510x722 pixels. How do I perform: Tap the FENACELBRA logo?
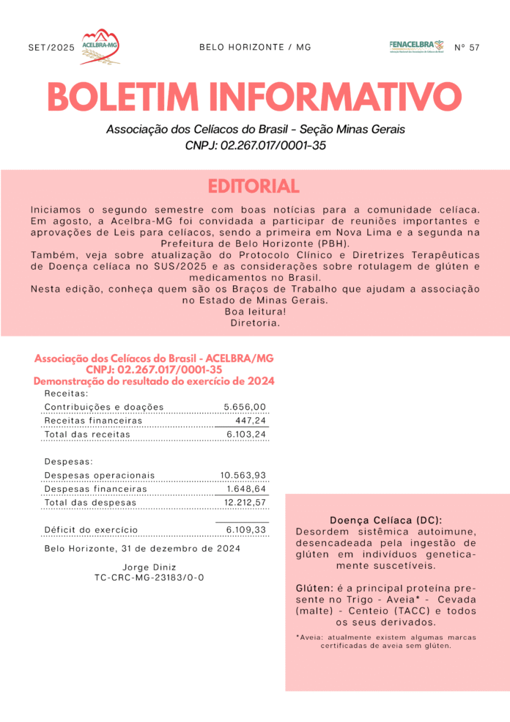[x=416, y=46]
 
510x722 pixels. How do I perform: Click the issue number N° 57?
[x=467, y=48]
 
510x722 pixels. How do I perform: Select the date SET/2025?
[x=51, y=48]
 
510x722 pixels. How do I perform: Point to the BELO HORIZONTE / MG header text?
[x=255, y=47]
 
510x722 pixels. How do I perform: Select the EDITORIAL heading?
[x=254, y=186]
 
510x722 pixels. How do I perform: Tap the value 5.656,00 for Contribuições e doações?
[x=245, y=407]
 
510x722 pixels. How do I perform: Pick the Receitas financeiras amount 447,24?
[x=251, y=421]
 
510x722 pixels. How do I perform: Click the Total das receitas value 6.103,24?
[x=246, y=434]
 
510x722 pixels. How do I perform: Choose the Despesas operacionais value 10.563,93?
[x=243, y=475]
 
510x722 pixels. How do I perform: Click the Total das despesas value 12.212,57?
[x=245, y=503]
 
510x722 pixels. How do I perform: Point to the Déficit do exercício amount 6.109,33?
[x=246, y=529]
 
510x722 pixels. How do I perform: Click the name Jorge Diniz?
[x=149, y=567]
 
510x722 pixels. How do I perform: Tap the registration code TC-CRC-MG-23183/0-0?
[x=149, y=578]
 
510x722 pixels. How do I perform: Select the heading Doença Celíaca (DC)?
[x=385, y=520]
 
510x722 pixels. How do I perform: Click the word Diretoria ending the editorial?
[x=255, y=323]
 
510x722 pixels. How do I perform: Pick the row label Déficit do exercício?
[x=91, y=529]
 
